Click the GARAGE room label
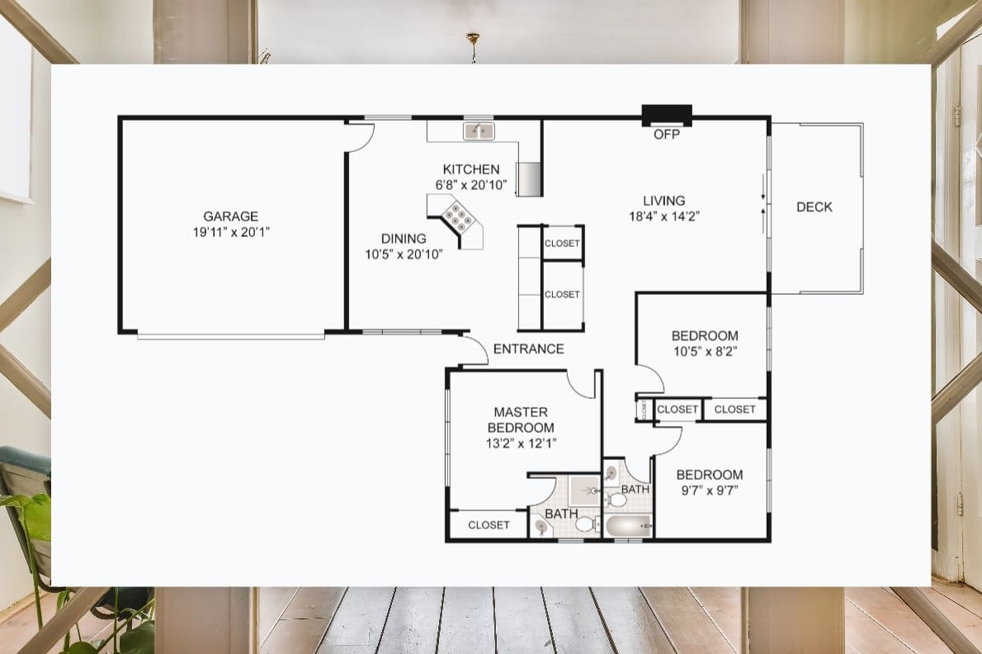231,217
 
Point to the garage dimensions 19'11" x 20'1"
231,233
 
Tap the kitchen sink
479,130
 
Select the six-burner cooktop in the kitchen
457,218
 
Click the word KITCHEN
471,169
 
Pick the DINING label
404,239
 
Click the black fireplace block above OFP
667,115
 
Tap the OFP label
667,134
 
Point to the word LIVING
664,201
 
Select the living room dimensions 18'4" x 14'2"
664,216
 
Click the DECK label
814,207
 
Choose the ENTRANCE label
528,349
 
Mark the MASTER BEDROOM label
521,419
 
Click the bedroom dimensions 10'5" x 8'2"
704,351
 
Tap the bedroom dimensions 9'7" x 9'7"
709,490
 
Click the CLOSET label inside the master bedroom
489,525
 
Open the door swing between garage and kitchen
361,137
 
